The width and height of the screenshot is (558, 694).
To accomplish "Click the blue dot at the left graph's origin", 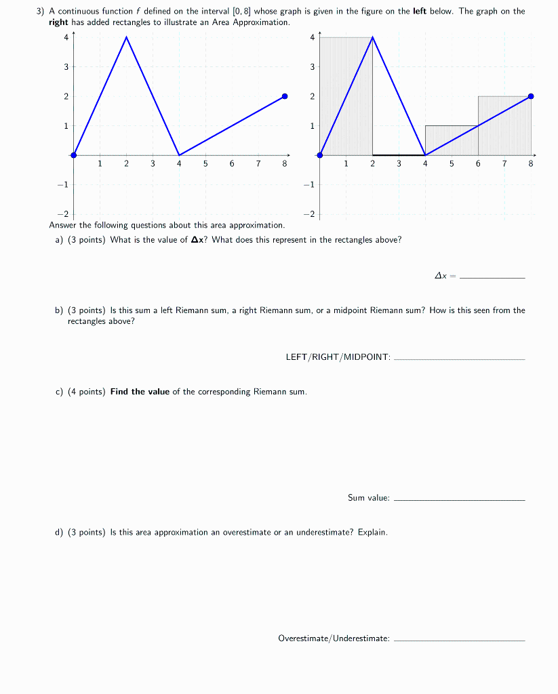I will [x=73, y=155].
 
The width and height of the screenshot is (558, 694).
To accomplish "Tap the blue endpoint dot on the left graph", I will [x=285, y=96].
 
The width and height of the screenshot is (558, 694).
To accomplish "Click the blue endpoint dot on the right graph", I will [x=531, y=96].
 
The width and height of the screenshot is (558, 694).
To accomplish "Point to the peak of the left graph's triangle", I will [x=126, y=37].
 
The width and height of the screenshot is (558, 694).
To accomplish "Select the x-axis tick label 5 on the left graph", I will [x=205, y=164].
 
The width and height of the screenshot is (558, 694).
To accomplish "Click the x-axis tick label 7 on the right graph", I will [x=504, y=164].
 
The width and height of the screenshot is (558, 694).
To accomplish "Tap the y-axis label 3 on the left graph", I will [x=66, y=67].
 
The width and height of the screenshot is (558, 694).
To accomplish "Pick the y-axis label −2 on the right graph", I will [x=310, y=214].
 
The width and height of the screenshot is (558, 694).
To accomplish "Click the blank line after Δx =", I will [x=492, y=277].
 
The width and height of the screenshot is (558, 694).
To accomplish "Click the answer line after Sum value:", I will [x=459, y=498].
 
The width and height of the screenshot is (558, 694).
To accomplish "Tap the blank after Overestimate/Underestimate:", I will [x=459, y=638].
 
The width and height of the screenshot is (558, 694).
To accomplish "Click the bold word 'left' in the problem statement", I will [x=420, y=12].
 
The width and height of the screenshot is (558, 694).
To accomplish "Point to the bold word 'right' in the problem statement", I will [x=58, y=22].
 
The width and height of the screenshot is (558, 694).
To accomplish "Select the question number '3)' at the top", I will [x=41, y=12].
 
